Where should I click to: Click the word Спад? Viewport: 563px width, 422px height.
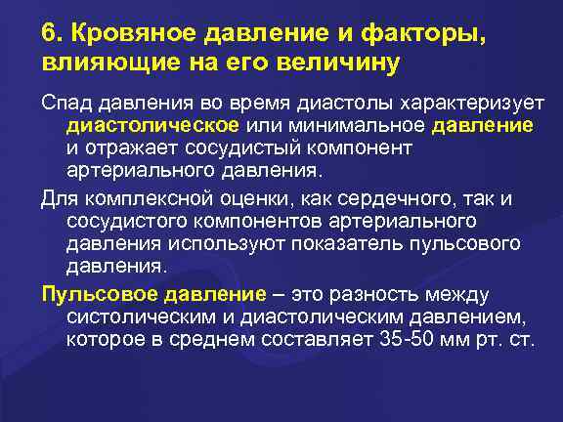coord(66,105)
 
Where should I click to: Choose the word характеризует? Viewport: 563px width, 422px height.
coord(459,105)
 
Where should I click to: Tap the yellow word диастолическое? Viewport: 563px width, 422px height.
coord(153,126)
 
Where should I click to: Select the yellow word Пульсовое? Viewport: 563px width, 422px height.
coord(89,294)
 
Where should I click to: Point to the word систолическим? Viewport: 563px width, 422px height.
coord(139,316)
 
